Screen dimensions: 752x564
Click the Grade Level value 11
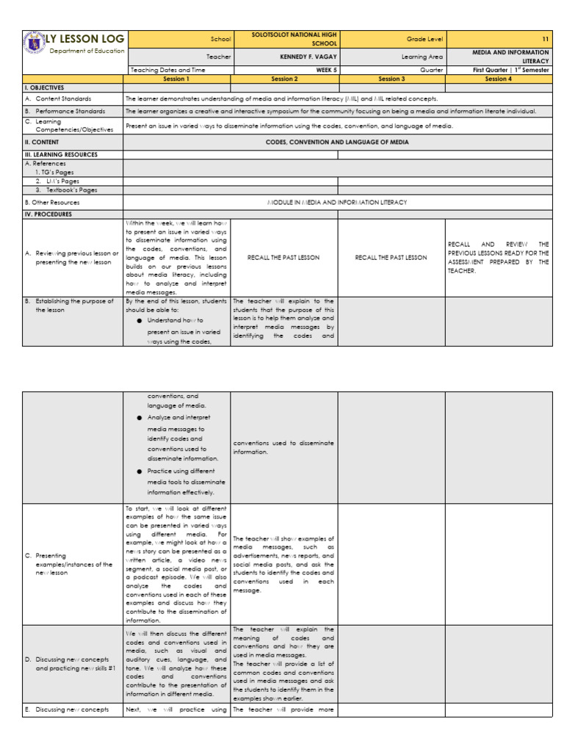coord(545,38)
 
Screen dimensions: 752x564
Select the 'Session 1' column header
coord(176,78)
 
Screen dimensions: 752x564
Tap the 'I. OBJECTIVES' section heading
coord(45,87)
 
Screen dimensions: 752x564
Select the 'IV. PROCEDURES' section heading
coord(47,214)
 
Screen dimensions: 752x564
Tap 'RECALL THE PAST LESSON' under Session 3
coord(391,257)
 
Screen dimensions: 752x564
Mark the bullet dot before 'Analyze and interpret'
coord(139,418)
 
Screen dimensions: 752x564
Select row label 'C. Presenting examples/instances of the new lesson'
coord(73,564)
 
